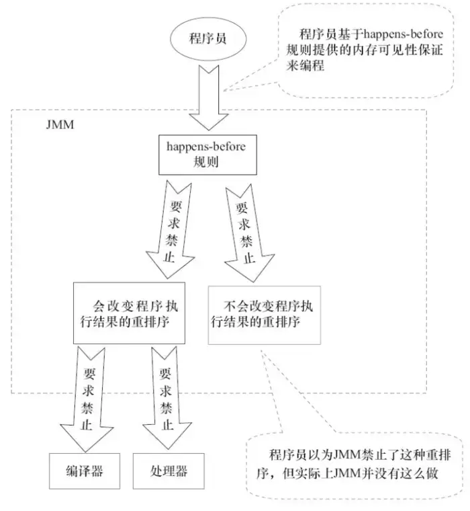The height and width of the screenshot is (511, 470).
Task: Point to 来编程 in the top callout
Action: pos(314,66)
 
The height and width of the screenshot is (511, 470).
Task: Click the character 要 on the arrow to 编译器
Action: pos(89,370)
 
